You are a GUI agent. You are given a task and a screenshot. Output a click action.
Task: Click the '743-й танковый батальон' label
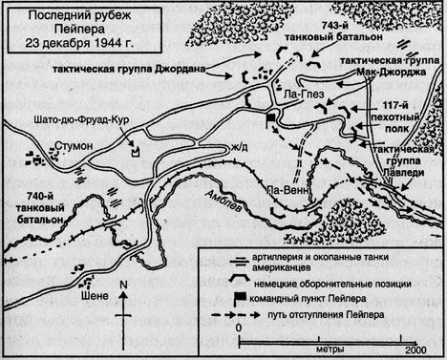[x=321, y=33]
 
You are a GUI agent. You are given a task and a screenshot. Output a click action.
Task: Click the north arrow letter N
[x=121, y=284]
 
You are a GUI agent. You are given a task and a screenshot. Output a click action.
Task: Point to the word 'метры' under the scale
[x=326, y=349]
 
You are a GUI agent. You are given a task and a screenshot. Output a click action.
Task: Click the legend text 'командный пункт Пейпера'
[x=332, y=296]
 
